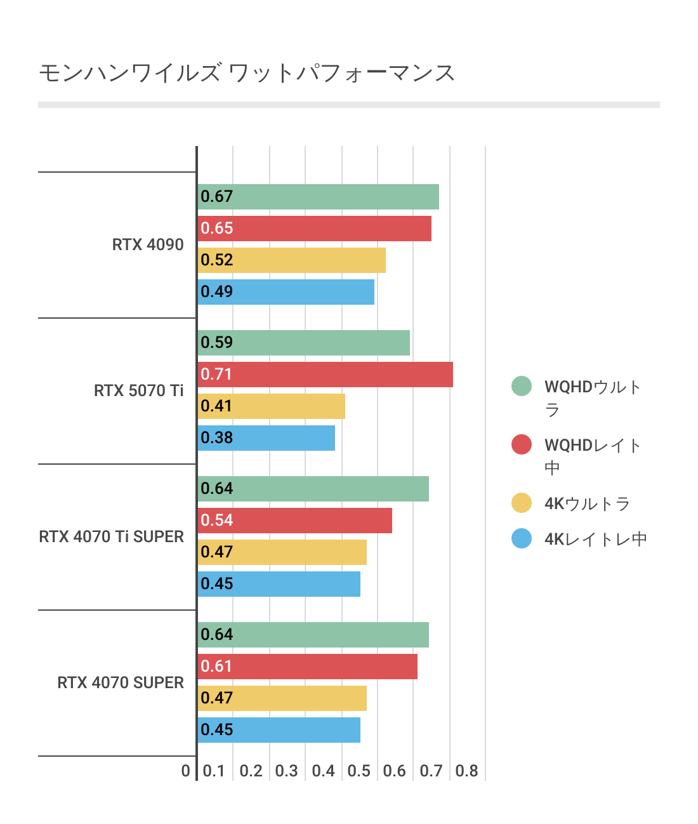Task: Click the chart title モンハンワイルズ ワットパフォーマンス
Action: point(247,73)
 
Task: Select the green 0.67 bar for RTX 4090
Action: point(318,197)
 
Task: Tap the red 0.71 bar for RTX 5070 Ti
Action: point(325,375)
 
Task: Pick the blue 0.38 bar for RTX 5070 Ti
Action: point(267,438)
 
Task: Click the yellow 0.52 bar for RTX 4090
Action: point(291,260)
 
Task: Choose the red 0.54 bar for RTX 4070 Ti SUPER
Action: point(294,521)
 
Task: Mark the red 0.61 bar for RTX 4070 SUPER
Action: point(307,667)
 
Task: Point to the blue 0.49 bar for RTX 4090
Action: point(286,292)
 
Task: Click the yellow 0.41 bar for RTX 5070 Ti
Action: point(271,406)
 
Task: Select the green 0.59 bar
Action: point(303,343)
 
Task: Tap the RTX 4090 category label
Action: point(148,245)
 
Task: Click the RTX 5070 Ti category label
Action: point(138,391)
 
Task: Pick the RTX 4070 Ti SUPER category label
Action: point(111,537)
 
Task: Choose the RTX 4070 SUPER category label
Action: point(121,683)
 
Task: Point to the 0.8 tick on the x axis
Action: point(467,771)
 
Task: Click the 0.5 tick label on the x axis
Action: point(359,771)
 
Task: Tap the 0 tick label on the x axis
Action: point(185,771)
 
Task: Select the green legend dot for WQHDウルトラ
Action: point(522,386)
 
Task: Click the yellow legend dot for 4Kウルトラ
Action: point(522,503)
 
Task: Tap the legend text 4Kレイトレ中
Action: point(595,540)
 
